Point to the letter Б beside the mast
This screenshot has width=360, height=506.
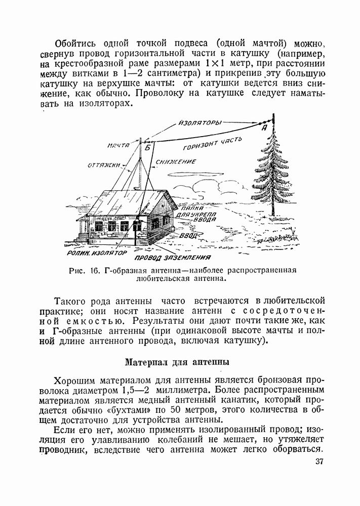[148, 148]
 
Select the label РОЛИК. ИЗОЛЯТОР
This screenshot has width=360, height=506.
[97, 251]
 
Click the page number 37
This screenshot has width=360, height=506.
[319, 461]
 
